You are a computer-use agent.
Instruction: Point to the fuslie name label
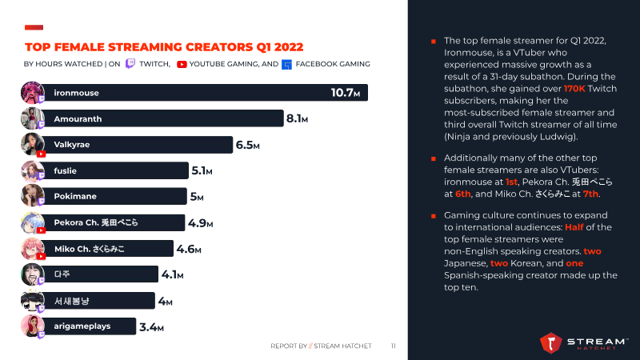click(65, 170)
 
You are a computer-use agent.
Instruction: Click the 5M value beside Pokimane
click(196, 197)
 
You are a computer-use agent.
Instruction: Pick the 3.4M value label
click(151, 327)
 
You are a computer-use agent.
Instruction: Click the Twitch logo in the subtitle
click(130, 64)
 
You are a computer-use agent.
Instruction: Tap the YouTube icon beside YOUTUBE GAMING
click(182, 64)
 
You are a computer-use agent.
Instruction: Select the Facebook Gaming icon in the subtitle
click(287, 65)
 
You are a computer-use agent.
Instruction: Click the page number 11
click(394, 346)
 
